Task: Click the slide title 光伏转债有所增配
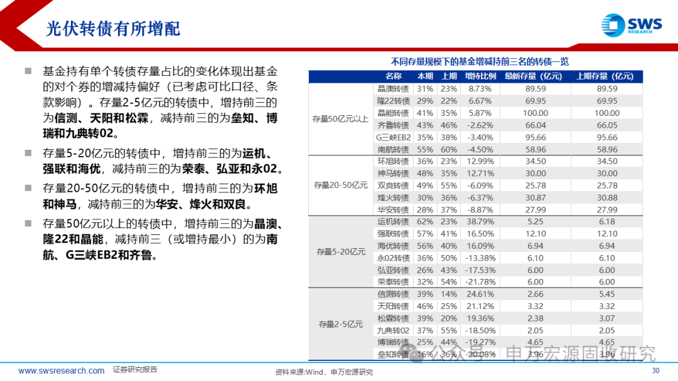(113, 29)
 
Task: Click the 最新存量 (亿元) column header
(534, 76)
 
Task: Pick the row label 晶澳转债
(393, 89)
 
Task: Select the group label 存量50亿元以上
(340, 119)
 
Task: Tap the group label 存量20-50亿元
(340, 185)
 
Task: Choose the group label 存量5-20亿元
(341, 252)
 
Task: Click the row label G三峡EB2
(393, 137)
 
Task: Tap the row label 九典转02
(393, 330)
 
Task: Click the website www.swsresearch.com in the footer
(62, 370)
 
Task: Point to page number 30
(656, 370)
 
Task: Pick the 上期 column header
(449, 76)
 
